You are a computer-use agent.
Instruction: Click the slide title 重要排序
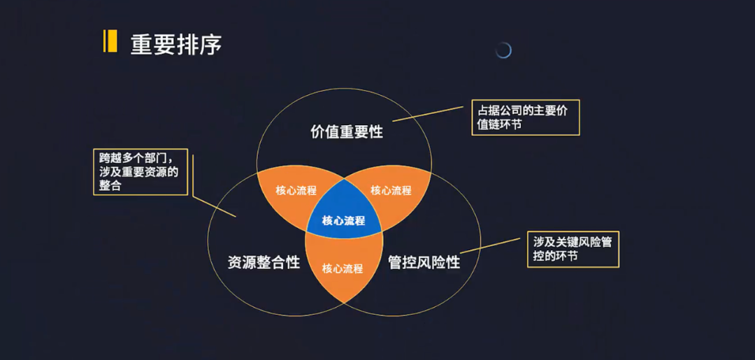point(175,44)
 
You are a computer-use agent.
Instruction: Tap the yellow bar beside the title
point(110,41)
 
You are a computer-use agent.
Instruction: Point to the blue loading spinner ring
point(503,50)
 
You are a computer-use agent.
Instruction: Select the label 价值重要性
point(347,131)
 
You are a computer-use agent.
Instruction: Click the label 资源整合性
point(264,262)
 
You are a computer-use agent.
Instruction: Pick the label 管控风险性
point(424,262)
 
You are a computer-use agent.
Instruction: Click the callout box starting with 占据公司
point(525,117)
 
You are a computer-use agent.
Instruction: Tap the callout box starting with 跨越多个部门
point(140,172)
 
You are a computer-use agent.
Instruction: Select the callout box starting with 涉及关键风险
point(573,250)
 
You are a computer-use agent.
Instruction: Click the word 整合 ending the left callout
point(110,186)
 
